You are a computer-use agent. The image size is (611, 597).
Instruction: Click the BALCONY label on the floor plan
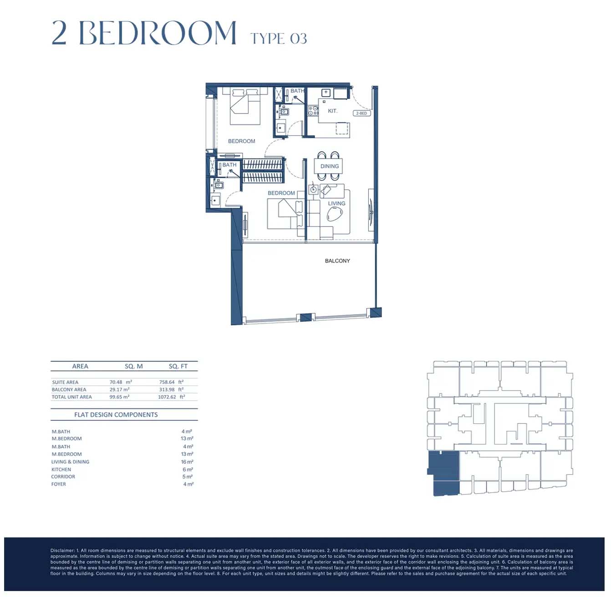click(337, 261)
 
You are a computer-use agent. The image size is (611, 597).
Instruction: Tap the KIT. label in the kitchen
click(332, 111)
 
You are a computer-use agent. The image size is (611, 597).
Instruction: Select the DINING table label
click(329, 166)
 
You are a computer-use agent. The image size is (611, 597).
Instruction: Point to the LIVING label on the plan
click(336, 203)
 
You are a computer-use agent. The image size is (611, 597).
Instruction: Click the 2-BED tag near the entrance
click(362, 113)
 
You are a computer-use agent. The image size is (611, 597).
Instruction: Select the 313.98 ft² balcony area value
click(171, 389)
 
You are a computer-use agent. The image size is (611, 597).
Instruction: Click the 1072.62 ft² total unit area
click(172, 397)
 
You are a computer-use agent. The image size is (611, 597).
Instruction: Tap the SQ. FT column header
click(178, 366)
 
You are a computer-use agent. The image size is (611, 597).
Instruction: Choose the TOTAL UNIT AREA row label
click(71, 397)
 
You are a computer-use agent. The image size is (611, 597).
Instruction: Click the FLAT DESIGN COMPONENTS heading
click(116, 414)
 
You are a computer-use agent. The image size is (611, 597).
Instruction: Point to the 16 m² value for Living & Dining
click(187, 462)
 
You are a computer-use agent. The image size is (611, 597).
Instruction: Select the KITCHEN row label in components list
click(61, 469)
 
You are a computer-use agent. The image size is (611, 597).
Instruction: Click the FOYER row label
click(59, 484)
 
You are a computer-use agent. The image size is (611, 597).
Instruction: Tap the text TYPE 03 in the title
click(279, 39)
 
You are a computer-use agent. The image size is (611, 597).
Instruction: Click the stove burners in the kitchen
click(313, 111)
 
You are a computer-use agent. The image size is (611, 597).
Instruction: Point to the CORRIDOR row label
click(63, 477)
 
